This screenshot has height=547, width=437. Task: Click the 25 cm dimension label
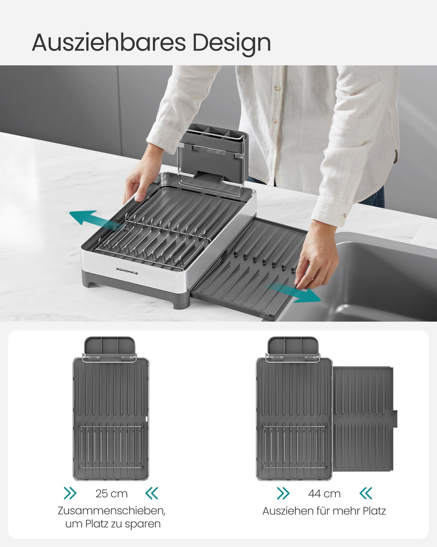[x=112, y=494]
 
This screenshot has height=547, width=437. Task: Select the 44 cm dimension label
[x=324, y=494]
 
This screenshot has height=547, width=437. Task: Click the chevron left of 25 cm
[x=70, y=493]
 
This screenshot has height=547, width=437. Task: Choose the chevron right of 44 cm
[x=366, y=493]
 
